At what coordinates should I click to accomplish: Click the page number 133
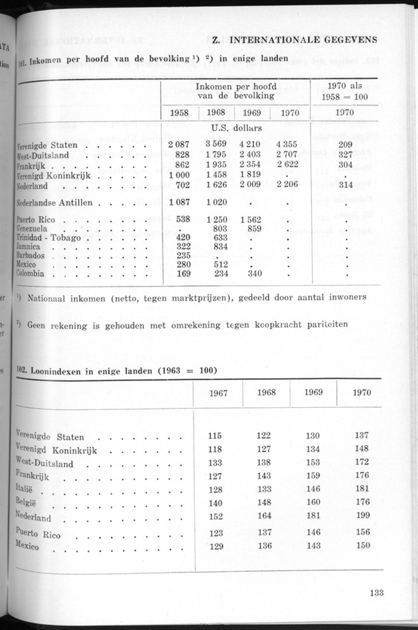click(376, 593)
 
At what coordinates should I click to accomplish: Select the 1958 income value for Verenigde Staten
click(178, 145)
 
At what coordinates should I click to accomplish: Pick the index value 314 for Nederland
click(344, 186)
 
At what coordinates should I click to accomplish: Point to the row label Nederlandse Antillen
click(55, 202)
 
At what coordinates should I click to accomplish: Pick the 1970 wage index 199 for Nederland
click(362, 517)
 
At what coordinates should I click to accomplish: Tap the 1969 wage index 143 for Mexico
click(313, 546)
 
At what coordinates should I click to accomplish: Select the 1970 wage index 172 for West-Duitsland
click(362, 462)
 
